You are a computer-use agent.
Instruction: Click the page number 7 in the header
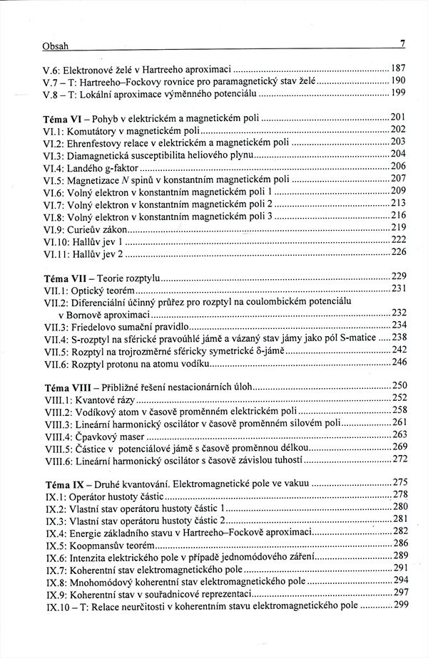coord(402,44)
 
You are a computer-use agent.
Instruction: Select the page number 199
coord(398,93)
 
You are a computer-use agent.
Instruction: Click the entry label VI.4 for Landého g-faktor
coord(55,167)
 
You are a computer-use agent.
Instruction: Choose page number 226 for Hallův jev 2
coord(398,252)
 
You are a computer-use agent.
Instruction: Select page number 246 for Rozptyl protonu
coord(399,362)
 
